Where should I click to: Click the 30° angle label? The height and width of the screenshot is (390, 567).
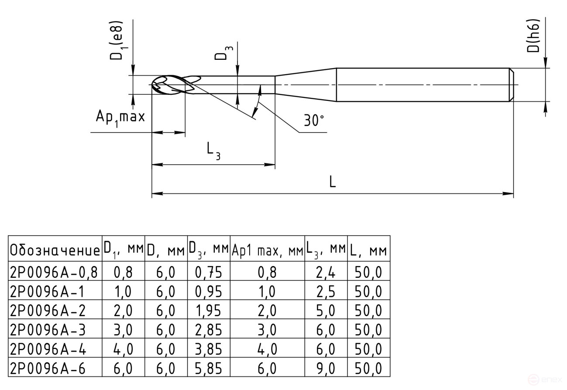tap(314, 121)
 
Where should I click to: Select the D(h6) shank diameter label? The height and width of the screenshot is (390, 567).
tap(533, 36)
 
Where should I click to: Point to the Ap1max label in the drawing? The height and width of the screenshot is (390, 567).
tap(120, 118)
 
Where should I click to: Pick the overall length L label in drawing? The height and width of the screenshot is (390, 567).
tap(333, 182)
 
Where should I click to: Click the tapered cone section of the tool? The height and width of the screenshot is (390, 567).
tap(306, 84)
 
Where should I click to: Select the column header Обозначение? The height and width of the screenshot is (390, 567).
tap(55, 251)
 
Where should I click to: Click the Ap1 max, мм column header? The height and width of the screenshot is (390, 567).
tap(267, 251)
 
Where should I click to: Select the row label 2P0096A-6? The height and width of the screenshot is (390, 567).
tap(48, 369)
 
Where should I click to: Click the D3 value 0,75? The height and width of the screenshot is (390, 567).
tap(209, 273)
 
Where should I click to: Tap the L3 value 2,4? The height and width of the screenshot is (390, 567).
tap(325, 273)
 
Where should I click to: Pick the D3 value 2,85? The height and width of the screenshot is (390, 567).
tap(209, 330)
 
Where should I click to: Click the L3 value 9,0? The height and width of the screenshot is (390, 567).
tap(325, 369)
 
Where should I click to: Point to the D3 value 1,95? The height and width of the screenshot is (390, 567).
tap(209, 311)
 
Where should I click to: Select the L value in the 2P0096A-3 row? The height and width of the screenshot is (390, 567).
tap(368, 330)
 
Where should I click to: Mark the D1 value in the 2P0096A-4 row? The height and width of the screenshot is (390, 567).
tap(123, 350)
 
